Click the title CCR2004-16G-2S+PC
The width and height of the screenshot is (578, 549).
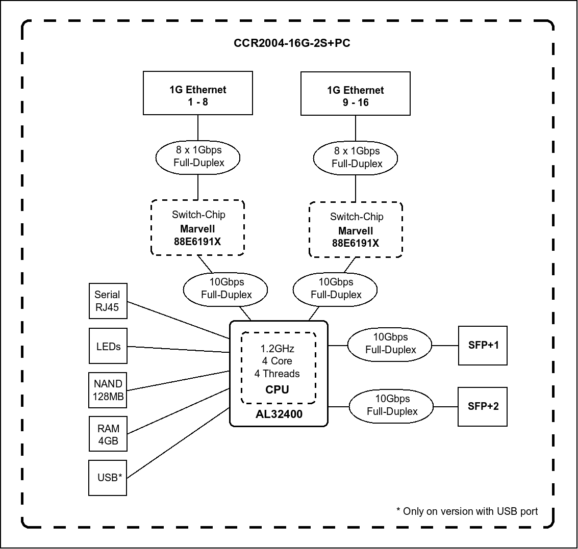point(292,43)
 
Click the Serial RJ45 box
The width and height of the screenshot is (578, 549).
point(107,301)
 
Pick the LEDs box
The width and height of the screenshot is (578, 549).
point(108,346)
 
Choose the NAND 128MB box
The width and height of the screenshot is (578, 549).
point(108,390)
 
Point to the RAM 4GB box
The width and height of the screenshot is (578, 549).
point(108,434)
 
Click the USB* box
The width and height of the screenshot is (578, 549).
point(108,478)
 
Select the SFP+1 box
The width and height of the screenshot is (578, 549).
point(483,345)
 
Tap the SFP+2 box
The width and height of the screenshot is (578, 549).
point(483,406)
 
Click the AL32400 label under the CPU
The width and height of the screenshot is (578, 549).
point(279,414)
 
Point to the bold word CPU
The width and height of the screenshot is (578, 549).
point(278,390)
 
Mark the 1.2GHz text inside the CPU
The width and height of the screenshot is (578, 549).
point(278,349)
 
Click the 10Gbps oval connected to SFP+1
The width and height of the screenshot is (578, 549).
point(390,344)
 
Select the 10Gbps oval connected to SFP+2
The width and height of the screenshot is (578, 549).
point(391,405)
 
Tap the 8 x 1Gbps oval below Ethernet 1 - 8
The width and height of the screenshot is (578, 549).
point(198,156)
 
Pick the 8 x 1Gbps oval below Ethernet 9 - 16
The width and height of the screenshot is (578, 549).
point(357,157)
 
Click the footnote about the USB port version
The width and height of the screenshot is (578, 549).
point(467,511)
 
